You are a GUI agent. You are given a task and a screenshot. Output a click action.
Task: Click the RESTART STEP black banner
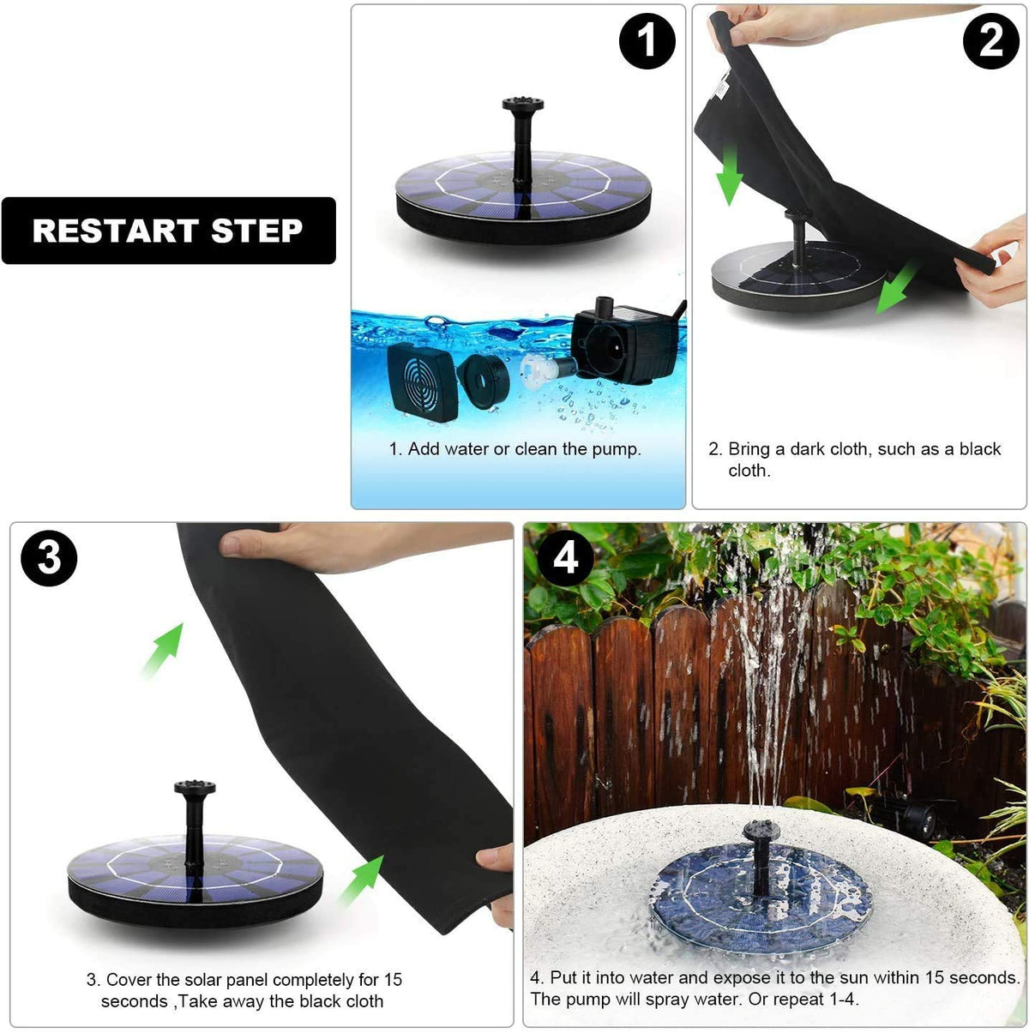click(x=168, y=231)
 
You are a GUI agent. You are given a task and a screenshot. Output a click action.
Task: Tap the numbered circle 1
click(x=647, y=40)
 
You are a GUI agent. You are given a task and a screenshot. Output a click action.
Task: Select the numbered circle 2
click(x=990, y=40)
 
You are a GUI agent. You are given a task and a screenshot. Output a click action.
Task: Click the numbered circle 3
click(x=49, y=558)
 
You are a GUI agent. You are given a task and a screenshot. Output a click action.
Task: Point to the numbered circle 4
click(x=565, y=558)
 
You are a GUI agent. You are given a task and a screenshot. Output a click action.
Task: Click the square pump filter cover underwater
click(x=422, y=382)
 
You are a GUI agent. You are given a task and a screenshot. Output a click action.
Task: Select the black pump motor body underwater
click(x=623, y=342)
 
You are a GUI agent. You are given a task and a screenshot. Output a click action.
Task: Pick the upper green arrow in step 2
click(x=730, y=175)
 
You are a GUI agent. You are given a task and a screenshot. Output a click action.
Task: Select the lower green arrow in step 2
click(x=896, y=288)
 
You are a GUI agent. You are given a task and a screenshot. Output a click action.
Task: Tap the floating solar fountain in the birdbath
click(x=760, y=891)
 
